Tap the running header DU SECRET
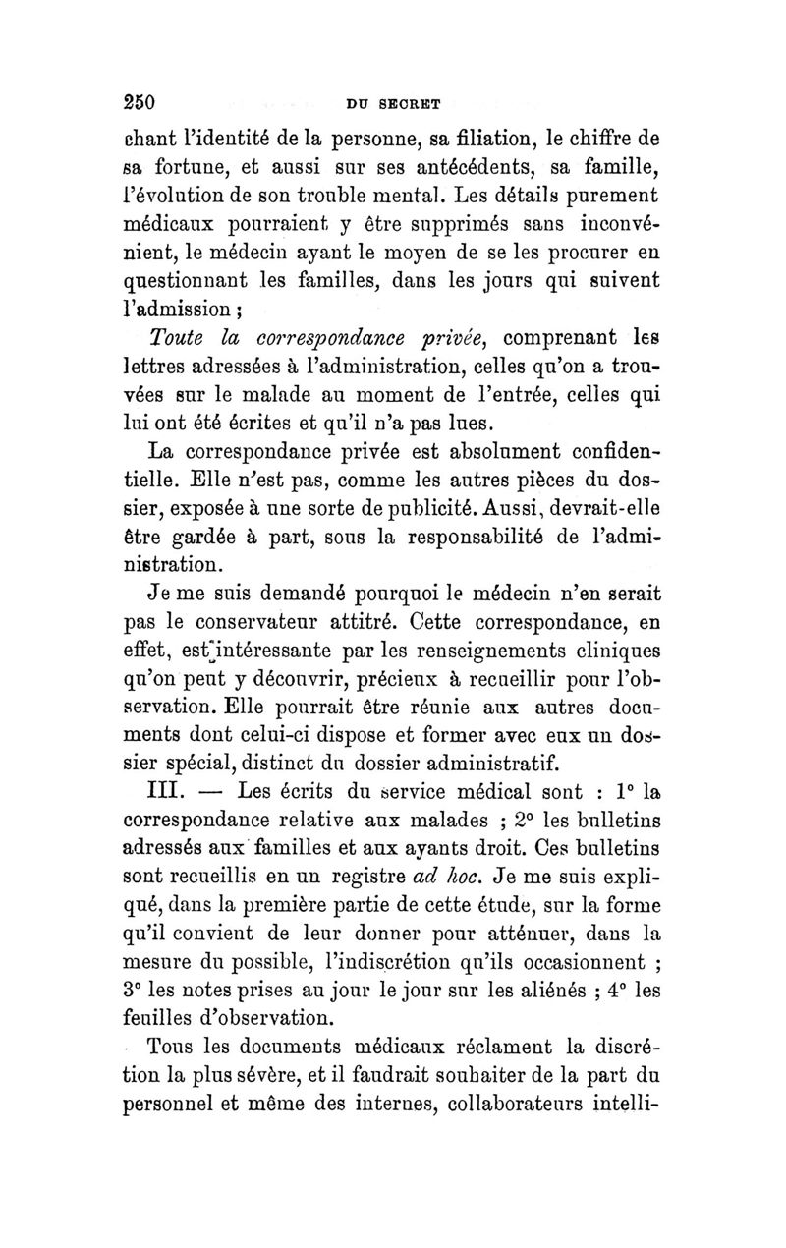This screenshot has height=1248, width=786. coord(396,103)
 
